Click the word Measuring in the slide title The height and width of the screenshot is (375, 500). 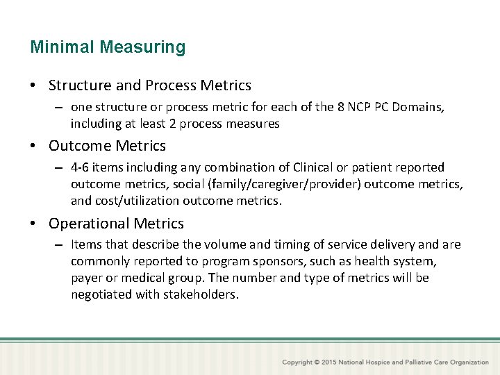(142, 48)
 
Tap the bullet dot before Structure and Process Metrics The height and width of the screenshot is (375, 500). (33, 86)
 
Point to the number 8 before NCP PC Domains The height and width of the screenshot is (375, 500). (339, 108)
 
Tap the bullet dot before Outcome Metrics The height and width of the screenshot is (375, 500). (33, 147)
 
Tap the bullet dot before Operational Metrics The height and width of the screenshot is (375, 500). (33, 224)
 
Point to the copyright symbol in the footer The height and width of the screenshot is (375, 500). (317, 362)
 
